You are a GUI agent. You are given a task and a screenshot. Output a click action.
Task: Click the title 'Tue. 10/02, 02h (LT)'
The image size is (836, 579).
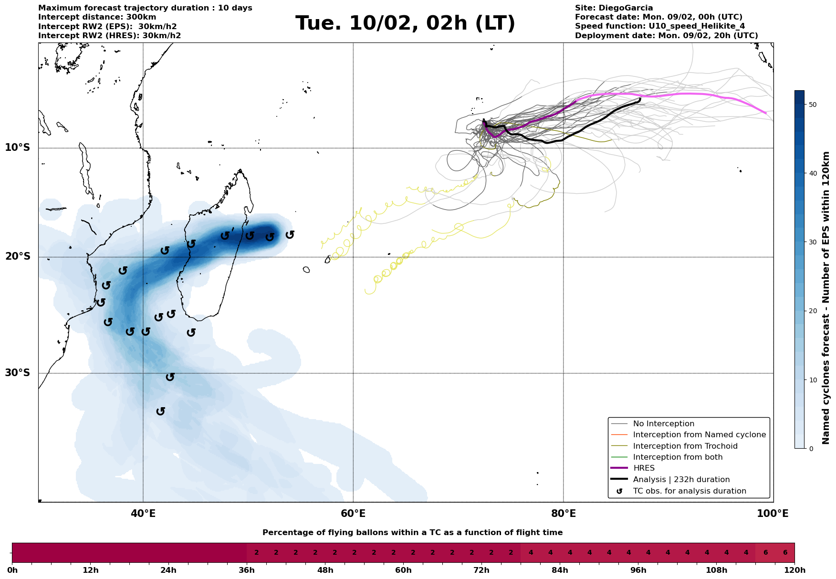point(405,23)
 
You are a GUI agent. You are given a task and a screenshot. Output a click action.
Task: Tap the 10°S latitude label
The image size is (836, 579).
point(18,147)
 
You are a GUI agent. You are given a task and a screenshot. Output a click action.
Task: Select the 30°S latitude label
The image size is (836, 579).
point(18,373)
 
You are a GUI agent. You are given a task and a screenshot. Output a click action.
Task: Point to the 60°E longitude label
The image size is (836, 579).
point(353,514)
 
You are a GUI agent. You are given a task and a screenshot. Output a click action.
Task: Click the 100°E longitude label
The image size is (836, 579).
point(773,514)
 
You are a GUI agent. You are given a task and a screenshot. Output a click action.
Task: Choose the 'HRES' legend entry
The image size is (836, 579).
point(644,468)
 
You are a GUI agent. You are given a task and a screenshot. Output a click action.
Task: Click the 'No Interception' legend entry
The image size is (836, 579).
point(663,424)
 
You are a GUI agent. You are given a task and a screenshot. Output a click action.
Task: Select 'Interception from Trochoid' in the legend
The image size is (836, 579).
point(685,446)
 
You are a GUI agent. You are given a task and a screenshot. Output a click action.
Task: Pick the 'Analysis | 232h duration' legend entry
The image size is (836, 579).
point(681,480)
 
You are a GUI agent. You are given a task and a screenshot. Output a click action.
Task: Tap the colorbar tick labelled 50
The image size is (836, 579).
point(812,105)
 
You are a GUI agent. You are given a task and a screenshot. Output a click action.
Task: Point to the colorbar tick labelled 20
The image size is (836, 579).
point(812,311)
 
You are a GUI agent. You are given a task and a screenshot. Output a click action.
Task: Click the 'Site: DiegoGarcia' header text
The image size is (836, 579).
point(614,8)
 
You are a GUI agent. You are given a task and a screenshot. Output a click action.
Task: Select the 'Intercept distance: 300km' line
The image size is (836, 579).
point(97,17)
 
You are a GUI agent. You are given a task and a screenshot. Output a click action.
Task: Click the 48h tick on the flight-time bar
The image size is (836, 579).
point(325,570)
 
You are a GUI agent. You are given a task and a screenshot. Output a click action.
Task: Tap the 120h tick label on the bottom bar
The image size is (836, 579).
point(794,570)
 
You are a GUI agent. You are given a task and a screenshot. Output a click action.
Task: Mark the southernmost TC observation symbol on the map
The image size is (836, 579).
point(161,411)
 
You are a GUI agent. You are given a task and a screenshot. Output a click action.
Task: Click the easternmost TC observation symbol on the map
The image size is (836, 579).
point(290,234)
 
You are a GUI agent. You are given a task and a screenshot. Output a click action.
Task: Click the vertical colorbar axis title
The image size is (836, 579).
point(826,298)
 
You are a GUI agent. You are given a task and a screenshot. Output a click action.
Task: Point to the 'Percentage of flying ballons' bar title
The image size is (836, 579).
point(412,533)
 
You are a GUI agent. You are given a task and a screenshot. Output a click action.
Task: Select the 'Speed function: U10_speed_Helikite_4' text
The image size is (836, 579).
point(659,26)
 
